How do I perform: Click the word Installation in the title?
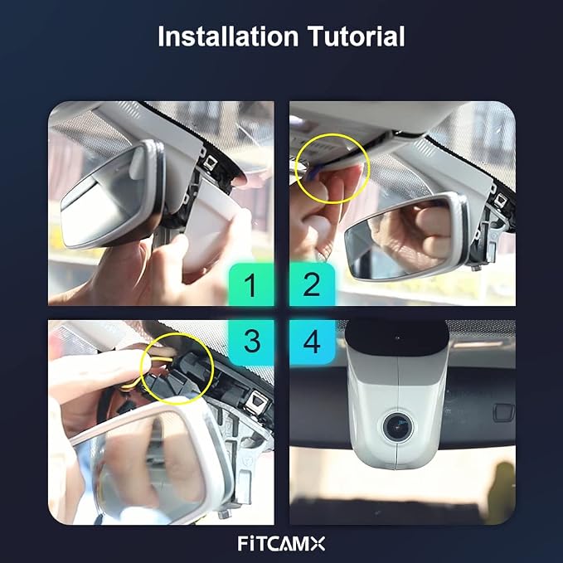[228, 36]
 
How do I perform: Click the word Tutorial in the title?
[357, 36]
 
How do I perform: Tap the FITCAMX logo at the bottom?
[281, 544]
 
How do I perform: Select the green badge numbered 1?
[251, 284]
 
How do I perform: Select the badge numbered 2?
[312, 284]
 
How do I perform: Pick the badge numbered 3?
[251, 342]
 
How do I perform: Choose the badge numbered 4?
[312, 342]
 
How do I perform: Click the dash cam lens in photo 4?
[398, 426]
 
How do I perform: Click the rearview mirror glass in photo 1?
[104, 201]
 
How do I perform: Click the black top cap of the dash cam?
[397, 337]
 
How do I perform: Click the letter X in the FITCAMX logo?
[318, 544]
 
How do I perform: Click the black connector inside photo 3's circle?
[180, 376]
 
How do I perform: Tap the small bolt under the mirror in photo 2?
[477, 267]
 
